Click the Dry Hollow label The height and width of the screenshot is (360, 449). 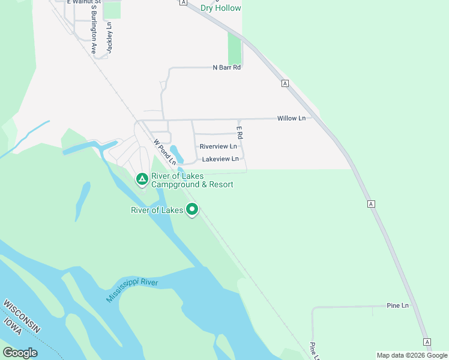[x=220, y=8]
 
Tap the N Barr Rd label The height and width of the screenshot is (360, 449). [x=226, y=68]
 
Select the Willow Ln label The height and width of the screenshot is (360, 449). [x=291, y=118]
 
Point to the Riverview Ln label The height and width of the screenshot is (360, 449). [x=218, y=146]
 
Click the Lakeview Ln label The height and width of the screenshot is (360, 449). [x=220, y=159]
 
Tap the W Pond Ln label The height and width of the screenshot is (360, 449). [x=164, y=152]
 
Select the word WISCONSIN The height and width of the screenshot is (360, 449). [x=22, y=316]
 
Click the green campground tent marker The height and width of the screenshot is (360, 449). [x=142, y=179]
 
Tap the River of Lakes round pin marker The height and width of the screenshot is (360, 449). [x=192, y=209]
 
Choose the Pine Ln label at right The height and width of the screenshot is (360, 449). [x=397, y=305]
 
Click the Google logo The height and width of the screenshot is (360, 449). [x=20, y=353]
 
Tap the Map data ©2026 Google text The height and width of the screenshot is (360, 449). [x=412, y=355]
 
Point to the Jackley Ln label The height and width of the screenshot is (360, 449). [x=109, y=37]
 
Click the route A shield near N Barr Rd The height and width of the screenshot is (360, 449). [x=285, y=83]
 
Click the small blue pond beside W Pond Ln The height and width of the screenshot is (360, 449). [x=174, y=151]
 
